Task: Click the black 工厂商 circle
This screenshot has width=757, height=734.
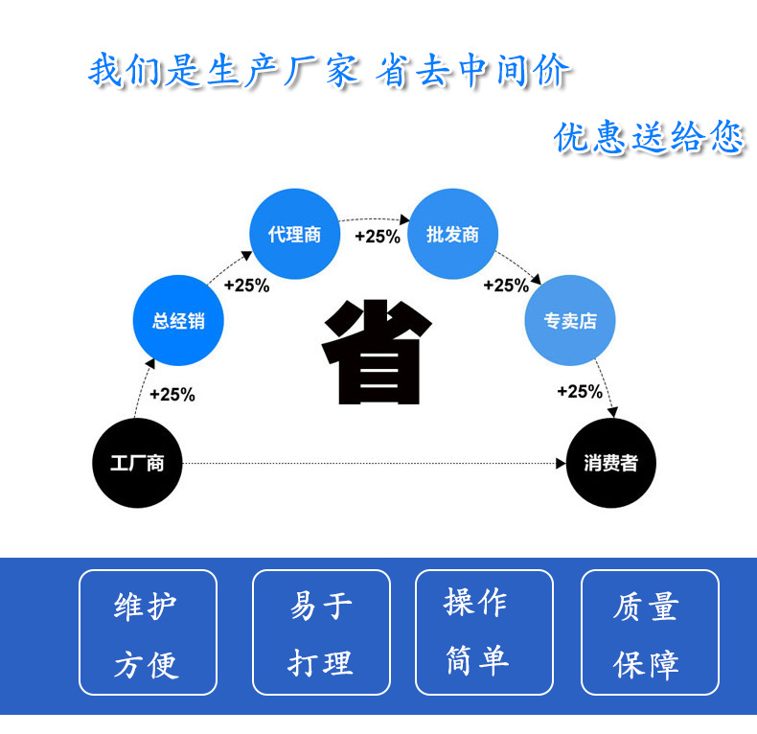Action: point(137,463)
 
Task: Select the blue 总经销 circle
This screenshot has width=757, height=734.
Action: point(177,321)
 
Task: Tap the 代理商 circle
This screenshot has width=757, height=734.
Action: point(295,235)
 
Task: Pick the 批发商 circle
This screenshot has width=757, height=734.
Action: point(452,235)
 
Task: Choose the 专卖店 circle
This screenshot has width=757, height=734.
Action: point(569,321)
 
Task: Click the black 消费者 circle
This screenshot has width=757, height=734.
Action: point(611,463)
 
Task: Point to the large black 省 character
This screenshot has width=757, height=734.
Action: point(374,353)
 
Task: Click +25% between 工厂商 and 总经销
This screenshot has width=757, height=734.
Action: point(172,394)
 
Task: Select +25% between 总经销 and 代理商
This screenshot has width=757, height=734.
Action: point(246,285)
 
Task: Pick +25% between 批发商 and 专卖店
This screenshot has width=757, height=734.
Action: point(506,285)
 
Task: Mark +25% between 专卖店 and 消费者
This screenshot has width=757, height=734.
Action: point(580,391)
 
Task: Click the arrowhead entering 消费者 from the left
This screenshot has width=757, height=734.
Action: point(562,464)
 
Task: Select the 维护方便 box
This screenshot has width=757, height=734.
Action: point(148,632)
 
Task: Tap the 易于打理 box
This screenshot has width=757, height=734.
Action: point(321,632)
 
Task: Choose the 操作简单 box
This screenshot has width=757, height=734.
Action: point(484,632)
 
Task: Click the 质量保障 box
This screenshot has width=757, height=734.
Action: point(650,632)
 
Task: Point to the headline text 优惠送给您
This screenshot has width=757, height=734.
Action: point(649,138)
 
